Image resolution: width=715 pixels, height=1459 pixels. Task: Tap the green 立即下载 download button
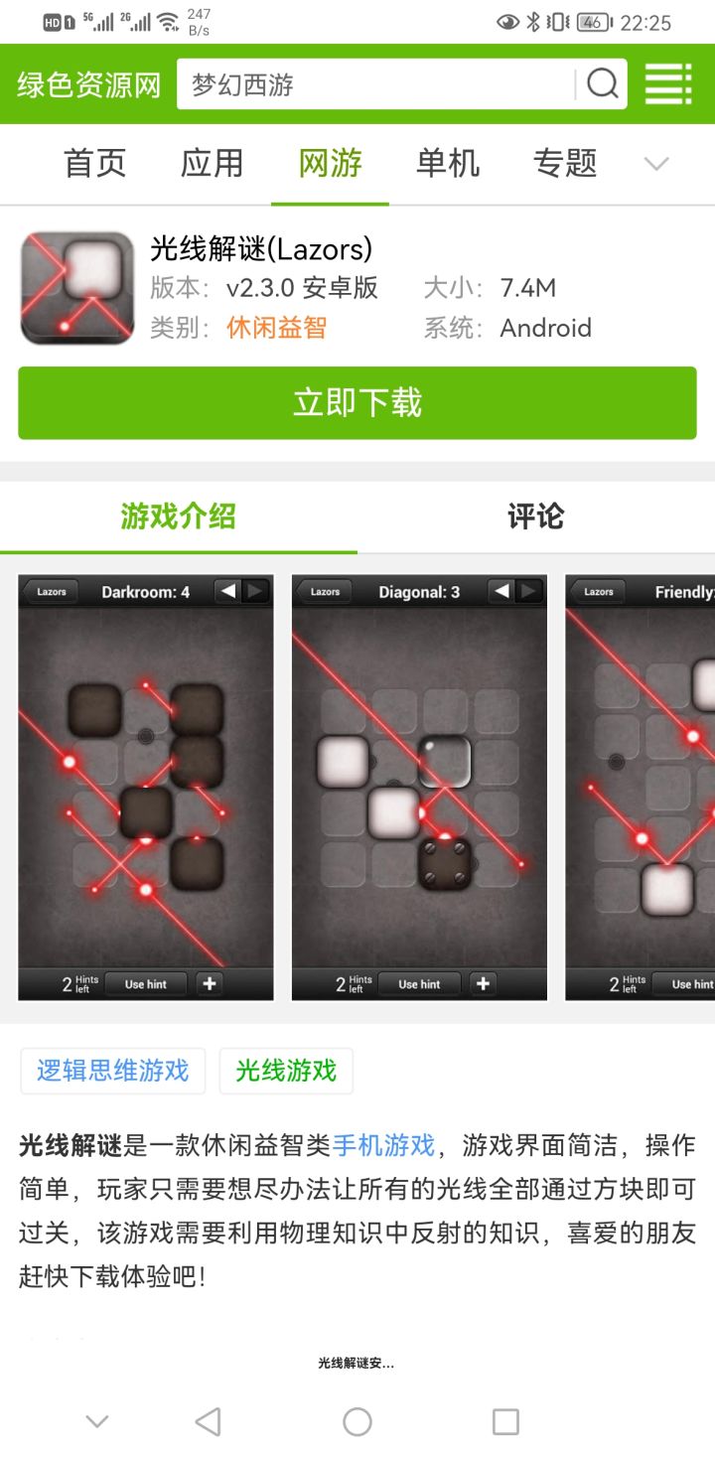point(357,402)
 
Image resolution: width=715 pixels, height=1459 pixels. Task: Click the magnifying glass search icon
point(603,84)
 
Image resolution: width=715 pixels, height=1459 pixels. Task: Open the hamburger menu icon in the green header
point(668,84)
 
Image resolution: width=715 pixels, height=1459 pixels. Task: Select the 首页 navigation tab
point(95,163)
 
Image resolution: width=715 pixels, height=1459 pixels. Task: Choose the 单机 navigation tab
point(448,163)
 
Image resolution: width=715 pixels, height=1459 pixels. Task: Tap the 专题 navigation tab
point(565,163)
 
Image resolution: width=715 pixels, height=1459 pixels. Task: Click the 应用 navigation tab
point(213,163)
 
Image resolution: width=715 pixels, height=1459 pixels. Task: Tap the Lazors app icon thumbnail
point(76,288)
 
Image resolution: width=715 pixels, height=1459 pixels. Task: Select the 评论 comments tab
point(536,516)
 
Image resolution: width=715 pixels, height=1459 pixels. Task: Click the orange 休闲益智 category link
point(276,328)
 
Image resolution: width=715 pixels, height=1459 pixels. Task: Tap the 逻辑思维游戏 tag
point(112,1071)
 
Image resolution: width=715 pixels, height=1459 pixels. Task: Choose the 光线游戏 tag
point(286,1071)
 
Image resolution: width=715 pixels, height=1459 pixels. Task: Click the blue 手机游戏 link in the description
point(383,1145)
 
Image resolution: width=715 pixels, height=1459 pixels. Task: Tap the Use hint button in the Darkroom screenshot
point(146,984)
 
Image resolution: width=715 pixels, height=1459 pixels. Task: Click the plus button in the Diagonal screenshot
point(483,983)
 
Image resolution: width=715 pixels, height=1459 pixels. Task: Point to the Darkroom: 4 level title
point(145,592)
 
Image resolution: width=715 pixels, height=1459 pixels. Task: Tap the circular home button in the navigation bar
point(357,1421)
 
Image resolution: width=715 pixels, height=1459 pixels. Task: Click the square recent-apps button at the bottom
point(506,1422)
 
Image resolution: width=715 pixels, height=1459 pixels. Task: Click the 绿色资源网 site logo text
point(89,84)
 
